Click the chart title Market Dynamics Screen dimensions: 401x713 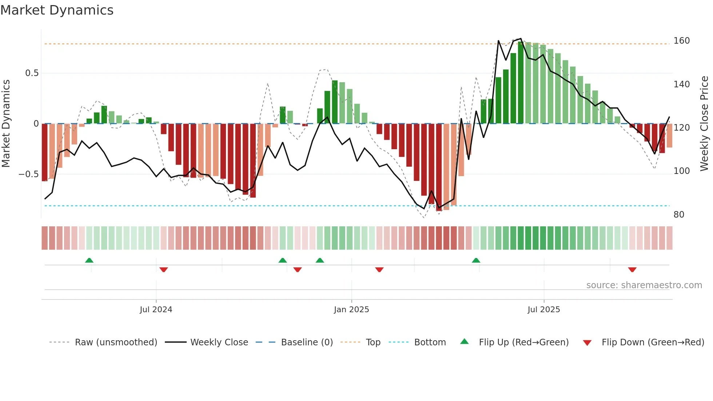(x=57, y=10)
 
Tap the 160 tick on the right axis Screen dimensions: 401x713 (x=681, y=41)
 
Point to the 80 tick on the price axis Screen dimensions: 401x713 (x=679, y=215)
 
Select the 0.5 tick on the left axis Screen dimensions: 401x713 (x=32, y=73)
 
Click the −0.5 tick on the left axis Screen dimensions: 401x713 (x=29, y=174)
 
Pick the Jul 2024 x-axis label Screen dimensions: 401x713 (x=156, y=310)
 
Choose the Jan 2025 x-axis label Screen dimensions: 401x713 (x=351, y=310)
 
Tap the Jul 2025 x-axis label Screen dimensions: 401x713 (x=543, y=310)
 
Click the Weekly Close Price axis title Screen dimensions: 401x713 (x=704, y=124)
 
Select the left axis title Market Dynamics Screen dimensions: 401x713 (x=6, y=124)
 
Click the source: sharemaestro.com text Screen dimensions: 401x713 (x=644, y=285)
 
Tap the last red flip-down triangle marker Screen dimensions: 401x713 (x=632, y=270)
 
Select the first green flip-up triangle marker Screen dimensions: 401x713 (x=89, y=260)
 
